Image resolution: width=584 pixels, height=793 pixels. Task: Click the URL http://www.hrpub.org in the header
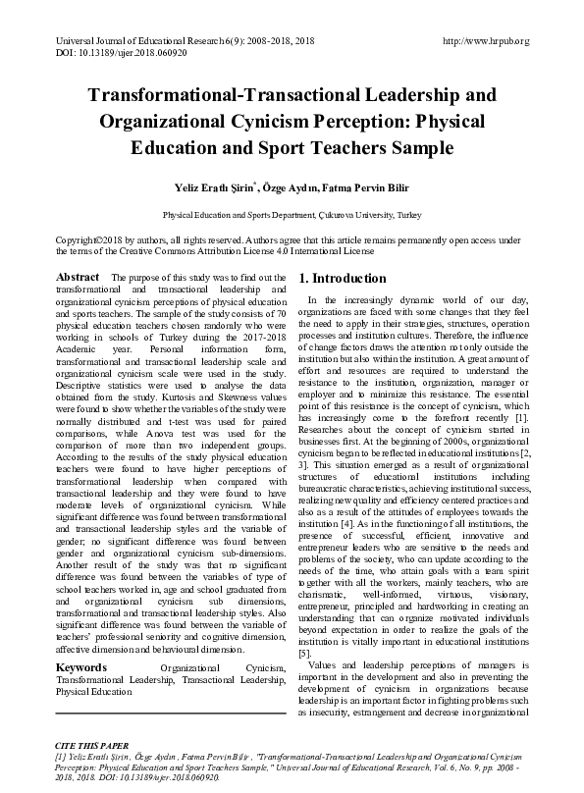click(x=486, y=41)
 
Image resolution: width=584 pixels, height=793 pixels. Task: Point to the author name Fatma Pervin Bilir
click(x=364, y=186)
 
